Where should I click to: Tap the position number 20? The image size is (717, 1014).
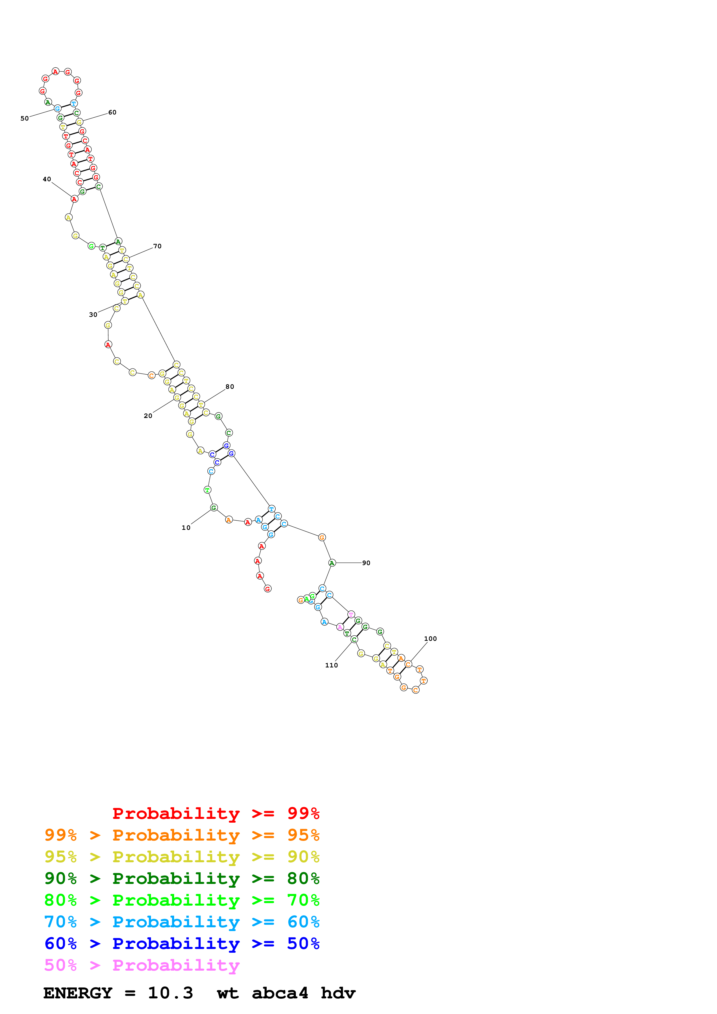148,416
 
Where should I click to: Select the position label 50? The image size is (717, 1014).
25,118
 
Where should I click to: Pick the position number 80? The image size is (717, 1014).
230,387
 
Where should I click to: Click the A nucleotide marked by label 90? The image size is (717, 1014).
332,563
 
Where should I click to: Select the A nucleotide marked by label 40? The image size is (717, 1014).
74,199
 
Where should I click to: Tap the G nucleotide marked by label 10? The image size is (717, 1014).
214,508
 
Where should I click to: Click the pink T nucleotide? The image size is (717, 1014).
351,614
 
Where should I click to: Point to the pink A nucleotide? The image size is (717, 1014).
340,627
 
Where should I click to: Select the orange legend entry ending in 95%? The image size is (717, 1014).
182,835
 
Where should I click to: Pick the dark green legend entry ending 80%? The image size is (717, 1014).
182,878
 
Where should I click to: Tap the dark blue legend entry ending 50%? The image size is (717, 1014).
182,943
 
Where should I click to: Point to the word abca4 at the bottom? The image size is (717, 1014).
280,993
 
